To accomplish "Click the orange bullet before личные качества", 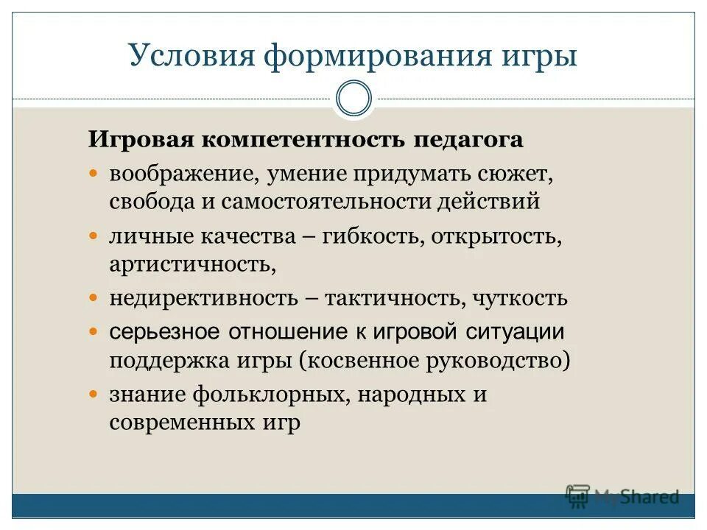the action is [94, 237].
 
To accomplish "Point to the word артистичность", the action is [192, 263].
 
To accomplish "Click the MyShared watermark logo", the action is [622, 496].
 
